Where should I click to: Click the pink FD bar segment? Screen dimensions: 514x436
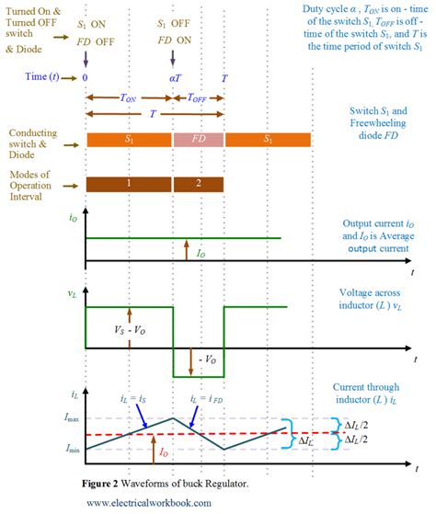point(199,140)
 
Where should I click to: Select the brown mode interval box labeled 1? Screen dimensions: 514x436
point(129,183)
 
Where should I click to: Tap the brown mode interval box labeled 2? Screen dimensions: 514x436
point(199,183)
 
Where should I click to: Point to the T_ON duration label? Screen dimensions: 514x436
point(130,97)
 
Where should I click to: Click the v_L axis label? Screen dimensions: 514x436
point(71,294)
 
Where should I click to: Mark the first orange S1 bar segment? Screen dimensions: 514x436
point(129,140)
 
